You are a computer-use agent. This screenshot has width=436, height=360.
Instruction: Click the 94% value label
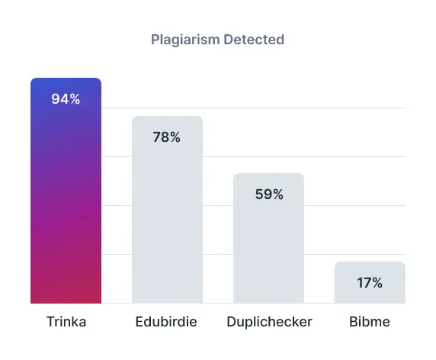point(66,99)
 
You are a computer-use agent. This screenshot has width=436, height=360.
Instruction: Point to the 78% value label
point(167,137)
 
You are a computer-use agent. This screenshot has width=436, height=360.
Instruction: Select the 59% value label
point(268,194)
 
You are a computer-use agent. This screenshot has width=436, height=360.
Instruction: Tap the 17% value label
point(370,283)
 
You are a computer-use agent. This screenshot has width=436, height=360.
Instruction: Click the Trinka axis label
point(66,322)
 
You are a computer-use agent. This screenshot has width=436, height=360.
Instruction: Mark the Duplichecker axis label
point(269,322)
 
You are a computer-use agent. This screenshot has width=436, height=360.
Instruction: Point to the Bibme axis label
point(370,322)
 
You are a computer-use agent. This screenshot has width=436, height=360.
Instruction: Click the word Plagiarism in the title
point(186,39)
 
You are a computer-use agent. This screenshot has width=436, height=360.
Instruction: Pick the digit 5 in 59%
point(259,194)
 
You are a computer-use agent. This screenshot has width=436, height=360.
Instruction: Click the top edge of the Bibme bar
point(370,263)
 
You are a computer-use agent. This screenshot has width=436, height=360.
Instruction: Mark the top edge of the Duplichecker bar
point(268,174)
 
